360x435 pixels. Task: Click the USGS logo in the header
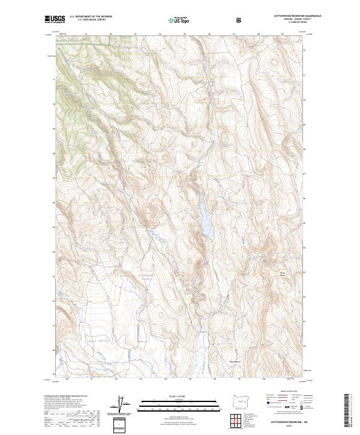tap(55, 20)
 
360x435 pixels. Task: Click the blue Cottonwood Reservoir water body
tap(205, 220)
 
